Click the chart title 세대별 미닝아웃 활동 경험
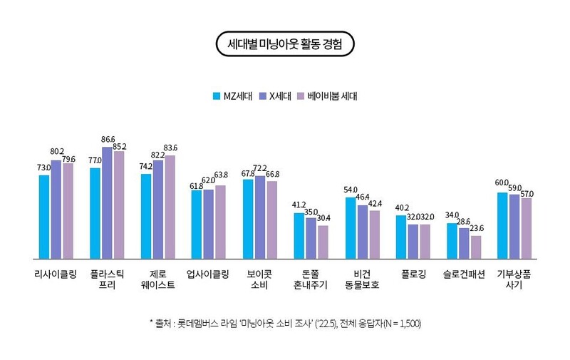coord(284,44)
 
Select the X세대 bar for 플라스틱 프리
coord(107,202)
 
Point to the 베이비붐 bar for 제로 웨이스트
coord(170,207)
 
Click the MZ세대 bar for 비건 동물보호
coord(351,227)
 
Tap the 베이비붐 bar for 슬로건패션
coord(476,247)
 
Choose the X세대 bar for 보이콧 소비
coord(260,217)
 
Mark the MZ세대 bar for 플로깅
coord(401,236)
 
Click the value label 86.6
coord(108,140)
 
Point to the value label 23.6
coord(476,229)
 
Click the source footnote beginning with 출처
coord(285,323)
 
